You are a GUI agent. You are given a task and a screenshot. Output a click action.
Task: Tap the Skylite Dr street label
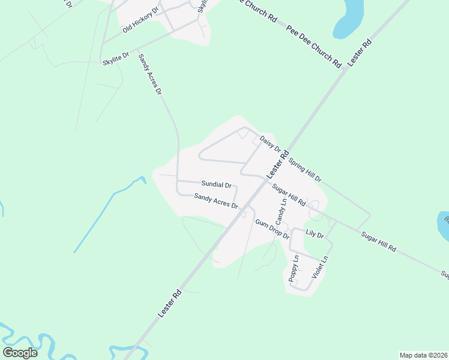coord(116,58)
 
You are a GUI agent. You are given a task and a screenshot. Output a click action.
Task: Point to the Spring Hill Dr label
coord(305,170)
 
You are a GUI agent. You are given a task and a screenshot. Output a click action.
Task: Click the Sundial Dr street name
coord(216,184)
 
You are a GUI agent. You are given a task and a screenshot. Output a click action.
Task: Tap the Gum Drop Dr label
coord(272,230)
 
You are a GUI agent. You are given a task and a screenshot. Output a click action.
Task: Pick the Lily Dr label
coord(315,234)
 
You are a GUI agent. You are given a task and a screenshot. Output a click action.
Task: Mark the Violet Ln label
coord(321,267)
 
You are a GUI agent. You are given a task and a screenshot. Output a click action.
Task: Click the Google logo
coord(20,352)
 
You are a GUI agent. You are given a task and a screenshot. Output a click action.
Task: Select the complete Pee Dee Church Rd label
coord(314,46)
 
